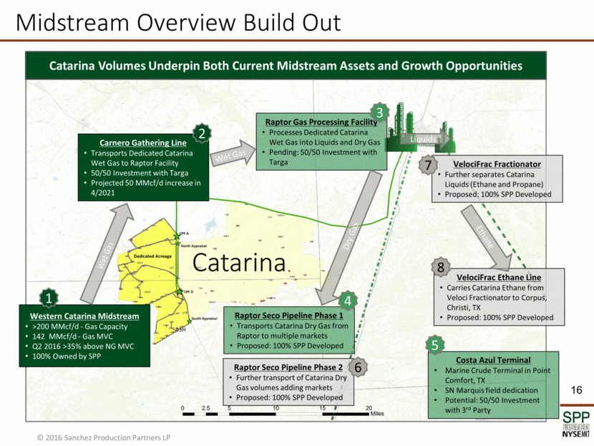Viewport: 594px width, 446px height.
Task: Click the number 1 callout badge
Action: pos(49,297)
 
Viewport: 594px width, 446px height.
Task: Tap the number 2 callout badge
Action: pos(203,133)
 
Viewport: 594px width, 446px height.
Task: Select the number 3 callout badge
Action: pos(379,112)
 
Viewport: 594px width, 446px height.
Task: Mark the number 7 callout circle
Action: pos(428,165)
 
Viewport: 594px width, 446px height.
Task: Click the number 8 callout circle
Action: pos(442,268)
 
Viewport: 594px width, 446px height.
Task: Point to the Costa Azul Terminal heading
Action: pos(493,359)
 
